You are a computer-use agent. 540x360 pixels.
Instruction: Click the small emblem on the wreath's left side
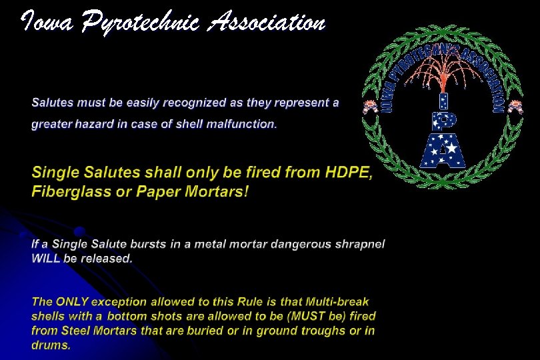[x=368, y=106]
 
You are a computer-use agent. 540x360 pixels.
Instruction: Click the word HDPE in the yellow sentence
[x=349, y=173]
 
